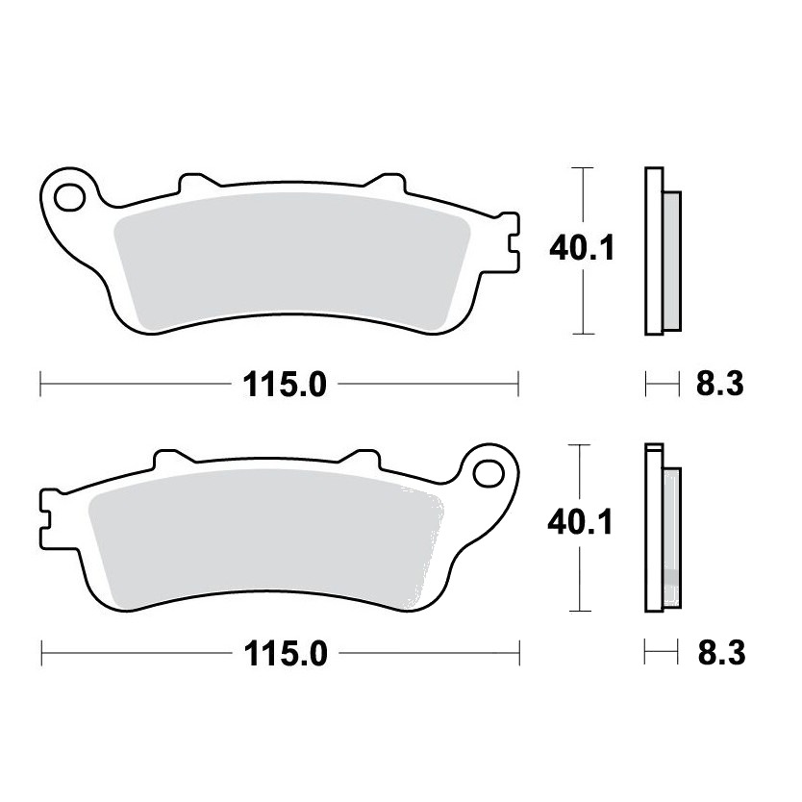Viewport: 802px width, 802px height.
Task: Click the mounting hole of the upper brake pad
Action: (70, 198)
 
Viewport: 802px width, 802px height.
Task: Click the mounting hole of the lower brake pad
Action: (489, 474)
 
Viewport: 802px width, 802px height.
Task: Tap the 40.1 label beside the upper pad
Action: (582, 248)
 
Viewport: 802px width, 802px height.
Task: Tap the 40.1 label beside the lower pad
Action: (580, 523)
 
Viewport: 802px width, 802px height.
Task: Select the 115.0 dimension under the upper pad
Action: (285, 385)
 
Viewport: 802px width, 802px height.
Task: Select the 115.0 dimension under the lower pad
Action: (286, 654)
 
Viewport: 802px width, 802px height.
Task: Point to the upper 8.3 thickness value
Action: (719, 384)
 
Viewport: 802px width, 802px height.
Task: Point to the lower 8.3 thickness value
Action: (721, 653)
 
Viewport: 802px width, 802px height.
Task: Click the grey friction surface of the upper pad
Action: (291, 261)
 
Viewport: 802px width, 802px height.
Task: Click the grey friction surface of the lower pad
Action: (266, 539)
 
